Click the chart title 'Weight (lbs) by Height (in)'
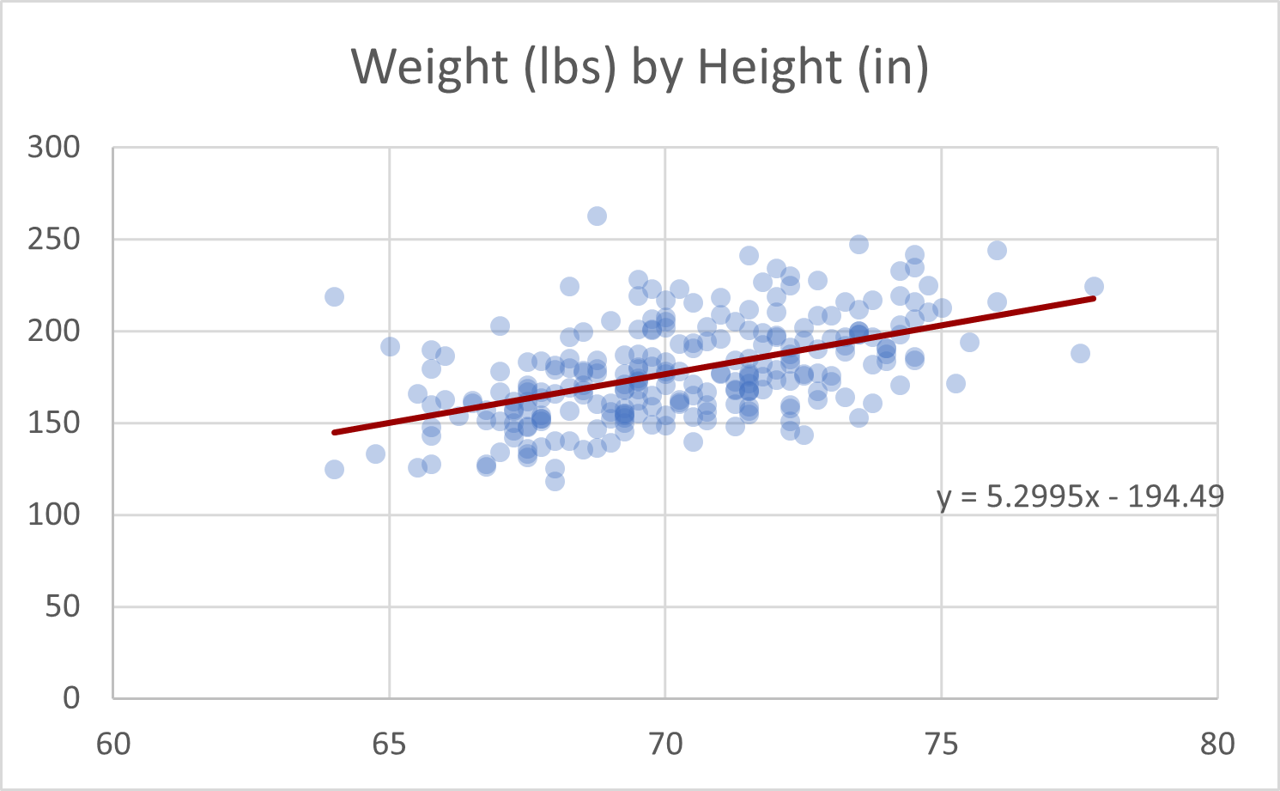coord(640,67)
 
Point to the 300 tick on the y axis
coord(53,147)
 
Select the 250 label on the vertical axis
coord(53,239)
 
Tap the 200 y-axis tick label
coord(53,331)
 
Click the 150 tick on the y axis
coord(53,423)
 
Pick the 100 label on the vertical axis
coord(53,514)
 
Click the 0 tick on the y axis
coord(72,697)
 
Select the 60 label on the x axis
coord(113,744)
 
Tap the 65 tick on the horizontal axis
coord(389,744)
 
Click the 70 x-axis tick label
coord(665,744)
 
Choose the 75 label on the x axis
coord(941,744)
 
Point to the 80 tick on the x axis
coord(1217,744)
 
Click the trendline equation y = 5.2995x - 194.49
coord(1080,496)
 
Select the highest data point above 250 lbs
coord(597,216)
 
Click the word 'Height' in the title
coord(769,67)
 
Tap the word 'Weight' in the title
coord(429,67)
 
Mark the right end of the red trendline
coord(1094,298)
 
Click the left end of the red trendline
coord(335,432)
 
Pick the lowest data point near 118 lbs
coord(555,481)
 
